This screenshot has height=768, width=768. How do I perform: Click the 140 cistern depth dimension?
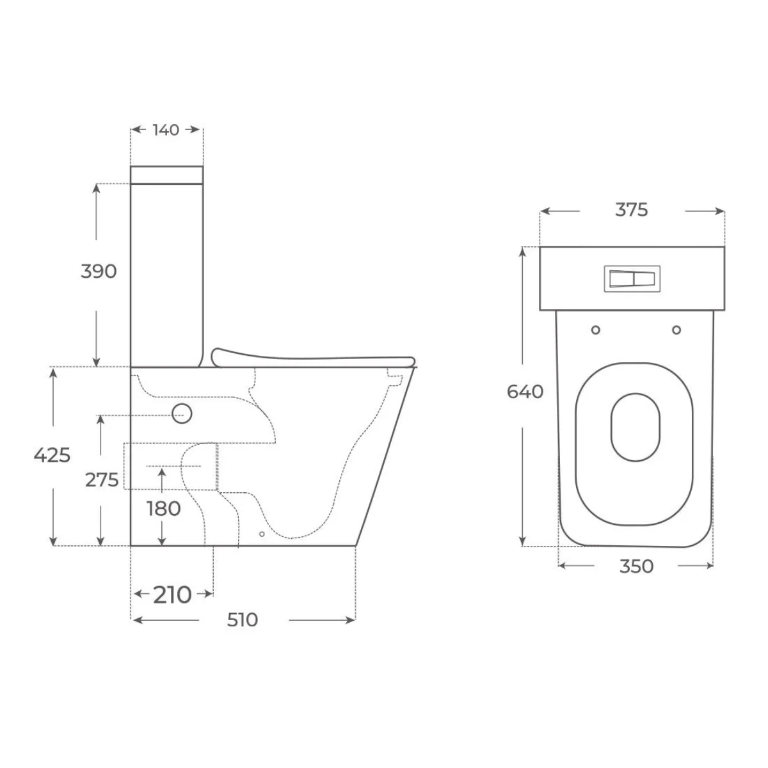coord(166,130)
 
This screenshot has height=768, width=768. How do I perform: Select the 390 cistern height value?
coord(99,271)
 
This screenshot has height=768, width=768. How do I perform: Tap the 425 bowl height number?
coord(52,455)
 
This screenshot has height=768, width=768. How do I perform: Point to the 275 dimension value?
coord(102,480)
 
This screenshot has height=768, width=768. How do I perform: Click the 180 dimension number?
coord(163,509)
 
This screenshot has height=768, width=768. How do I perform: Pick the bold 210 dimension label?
coord(172,595)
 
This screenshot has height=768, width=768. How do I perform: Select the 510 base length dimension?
coord(243,620)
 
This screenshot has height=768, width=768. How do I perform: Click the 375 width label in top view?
coord(632,210)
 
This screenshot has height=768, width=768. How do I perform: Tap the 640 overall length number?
coord(525,392)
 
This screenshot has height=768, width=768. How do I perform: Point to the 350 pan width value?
coord(636,566)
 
